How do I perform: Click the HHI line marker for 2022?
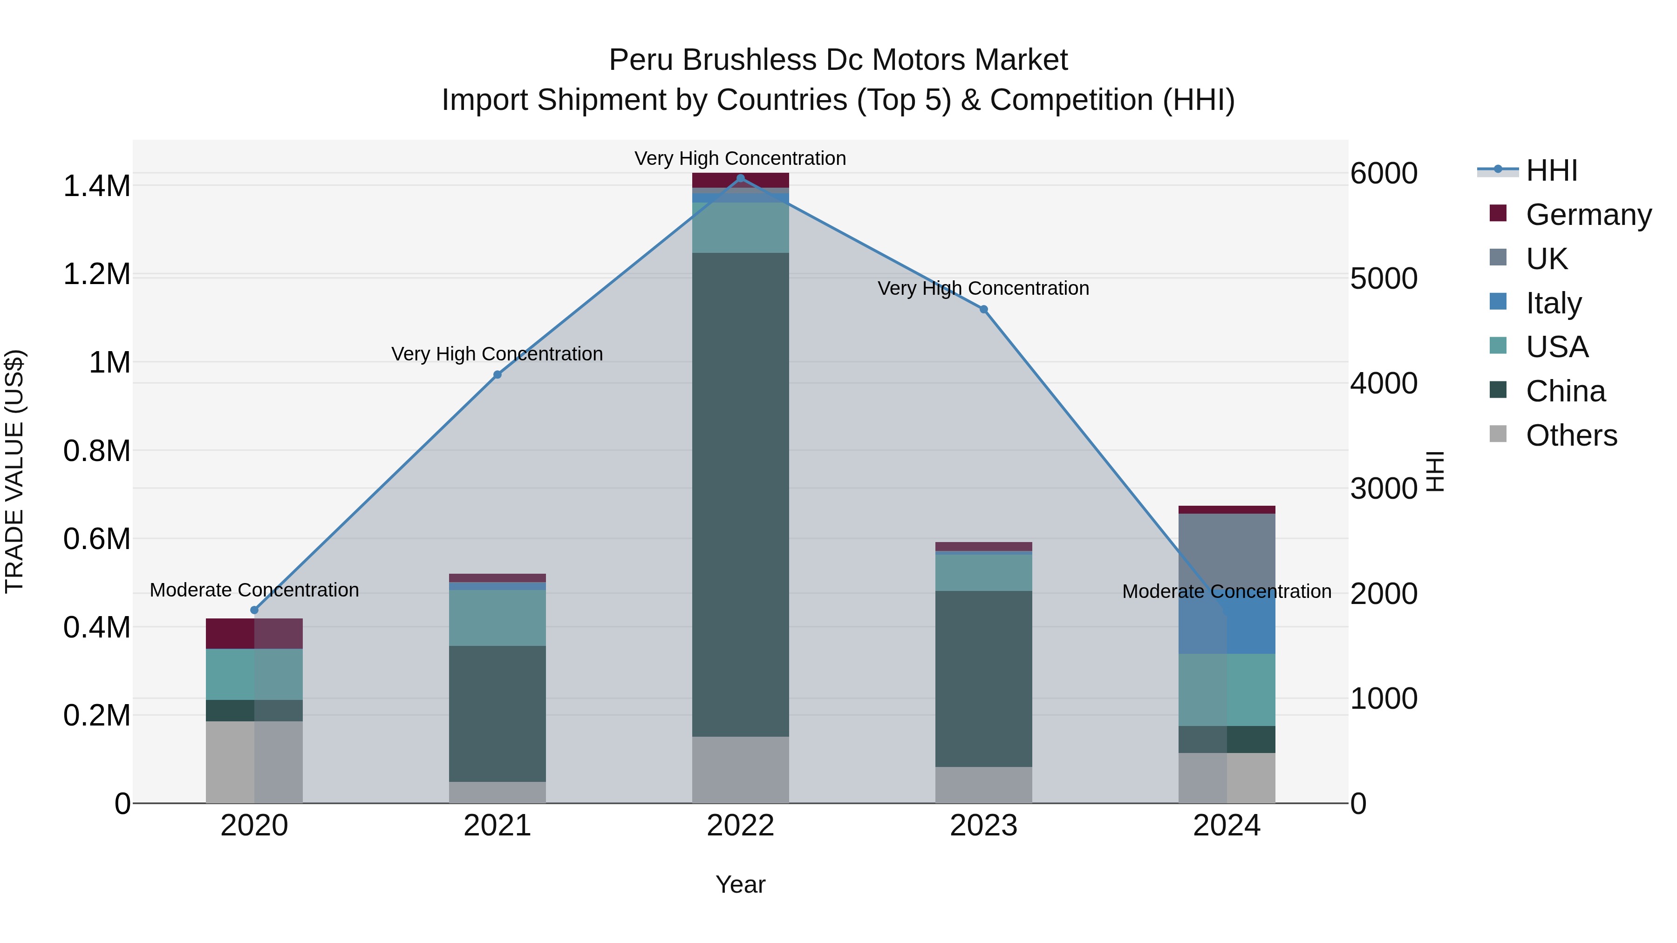(740, 178)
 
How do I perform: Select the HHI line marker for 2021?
(498, 375)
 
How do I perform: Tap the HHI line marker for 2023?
(984, 310)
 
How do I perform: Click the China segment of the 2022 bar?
(740, 495)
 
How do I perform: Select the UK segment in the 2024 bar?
(1227, 553)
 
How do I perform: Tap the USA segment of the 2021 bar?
(498, 618)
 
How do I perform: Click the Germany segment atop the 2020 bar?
(254, 633)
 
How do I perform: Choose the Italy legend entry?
(1553, 303)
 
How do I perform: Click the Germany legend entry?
(1588, 215)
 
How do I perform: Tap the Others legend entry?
(1571, 435)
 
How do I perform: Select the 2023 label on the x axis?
(984, 826)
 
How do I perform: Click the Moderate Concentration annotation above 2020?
(254, 590)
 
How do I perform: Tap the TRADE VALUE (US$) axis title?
(14, 471)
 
